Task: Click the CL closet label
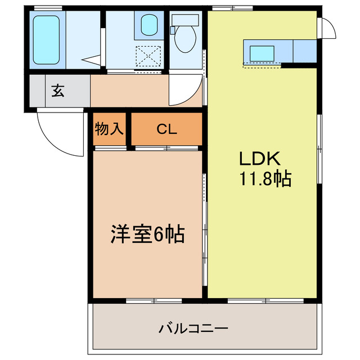(166, 129)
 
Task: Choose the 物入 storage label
(109, 129)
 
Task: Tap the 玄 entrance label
(58, 90)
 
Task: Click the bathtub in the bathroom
(46, 39)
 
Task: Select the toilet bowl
(184, 41)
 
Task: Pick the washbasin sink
(149, 25)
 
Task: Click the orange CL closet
(166, 129)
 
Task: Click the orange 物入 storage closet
(109, 129)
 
